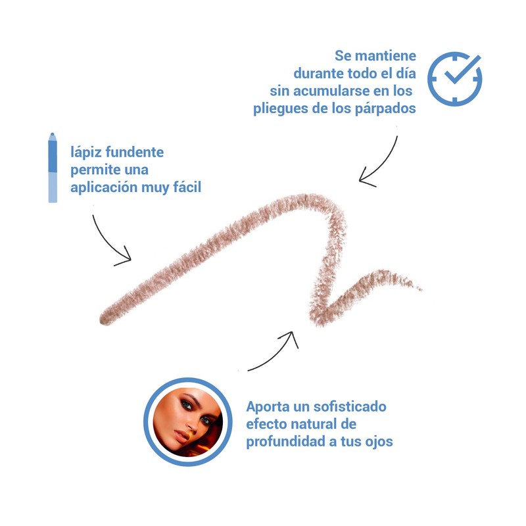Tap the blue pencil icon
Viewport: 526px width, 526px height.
pyautogui.click(x=53, y=168)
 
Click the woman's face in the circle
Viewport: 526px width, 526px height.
pyautogui.click(x=187, y=422)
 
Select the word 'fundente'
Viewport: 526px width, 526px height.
pyautogui.click(x=135, y=152)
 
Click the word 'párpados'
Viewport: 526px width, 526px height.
pyautogui.click(x=385, y=108)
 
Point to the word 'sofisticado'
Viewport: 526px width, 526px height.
pyautogui.click(x=350, y=406)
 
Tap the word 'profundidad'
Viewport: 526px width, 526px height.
pyautogui.click(x=286, y=441)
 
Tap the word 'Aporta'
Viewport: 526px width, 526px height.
pyautogui.click(x=268, y=407)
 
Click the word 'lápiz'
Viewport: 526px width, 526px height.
pyautogui.click(x=86, y=153)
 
